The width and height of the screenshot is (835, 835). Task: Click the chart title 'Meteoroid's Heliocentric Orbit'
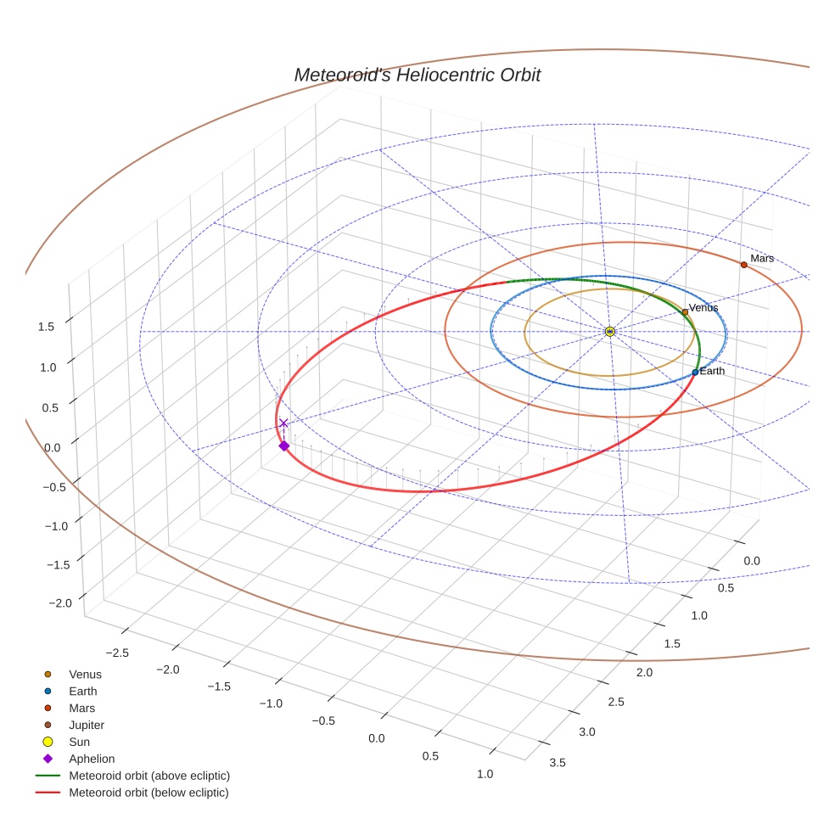pyautogui.click(x=417, y=75)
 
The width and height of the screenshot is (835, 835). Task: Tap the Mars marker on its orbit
pyautogui.click(x=743, y=265)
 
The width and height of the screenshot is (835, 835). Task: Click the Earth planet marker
pyautogui.click(x=695, y=372)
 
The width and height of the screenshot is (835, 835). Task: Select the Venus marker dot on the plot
pyautogui.click(x=685, y=312)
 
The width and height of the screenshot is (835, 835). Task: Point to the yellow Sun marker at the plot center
pyautogui.click(x=609, y=331)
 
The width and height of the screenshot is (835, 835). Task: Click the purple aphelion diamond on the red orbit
pyautogui.click(x=284, y=446)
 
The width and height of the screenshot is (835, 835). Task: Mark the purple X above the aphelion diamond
pyautogui.click(x=283, y=423)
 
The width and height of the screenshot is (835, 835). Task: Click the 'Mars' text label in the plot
pyautogui.click(x=762, y=258)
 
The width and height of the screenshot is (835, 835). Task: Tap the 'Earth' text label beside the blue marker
pyautogui.click(x=712, y=371)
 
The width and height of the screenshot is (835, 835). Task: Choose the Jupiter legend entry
pyautogui.click(x=87, y=725)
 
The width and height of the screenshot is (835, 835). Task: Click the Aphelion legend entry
pyautogui.click(x=92, y=759)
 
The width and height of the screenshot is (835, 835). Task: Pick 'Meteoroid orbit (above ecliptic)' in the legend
pyautogui.click(x=149, y=776)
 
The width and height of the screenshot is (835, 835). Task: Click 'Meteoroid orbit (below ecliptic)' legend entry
pyautogui.click(x=149, y=793)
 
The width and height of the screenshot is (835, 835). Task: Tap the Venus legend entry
pyautogui.click(x=85, y=674)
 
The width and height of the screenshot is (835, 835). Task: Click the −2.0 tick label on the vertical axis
pyautogui.click(x=60, y=602)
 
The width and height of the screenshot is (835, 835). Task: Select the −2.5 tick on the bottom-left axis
pyautogui.click(x=115, y=652)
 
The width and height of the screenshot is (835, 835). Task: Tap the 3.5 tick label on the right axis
pyautogui.click(x=558, y=762)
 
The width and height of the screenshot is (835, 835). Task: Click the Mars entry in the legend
pyautogui.click(x=81, y=708)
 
